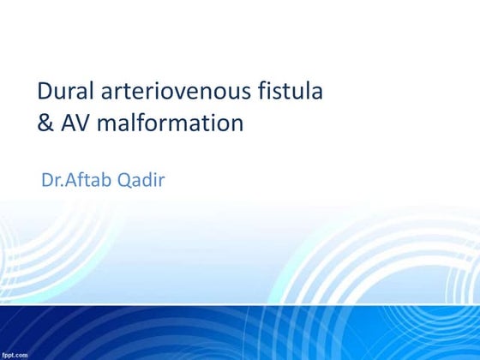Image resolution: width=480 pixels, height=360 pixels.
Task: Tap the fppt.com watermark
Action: pyautogui.click(x=15, y=353)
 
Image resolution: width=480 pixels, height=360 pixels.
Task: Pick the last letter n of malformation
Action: pyautogui.click(x=237, y=125)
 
